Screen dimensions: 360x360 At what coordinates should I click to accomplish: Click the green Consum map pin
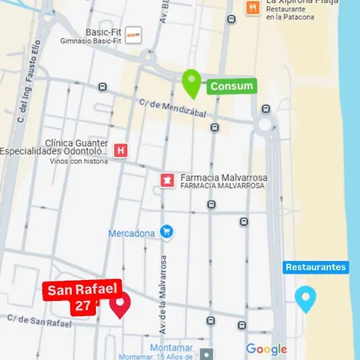[190, 82]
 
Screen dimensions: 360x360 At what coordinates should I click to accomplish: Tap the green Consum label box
[231, 86]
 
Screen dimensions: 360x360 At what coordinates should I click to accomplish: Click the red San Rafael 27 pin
[120, 304]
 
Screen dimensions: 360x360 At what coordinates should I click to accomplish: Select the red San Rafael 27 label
[73, 298]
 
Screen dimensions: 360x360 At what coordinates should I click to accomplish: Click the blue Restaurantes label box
[315, 266]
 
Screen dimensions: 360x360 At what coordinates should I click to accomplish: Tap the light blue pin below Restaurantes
[305, 298]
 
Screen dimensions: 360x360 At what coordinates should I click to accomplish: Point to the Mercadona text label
[132, 234]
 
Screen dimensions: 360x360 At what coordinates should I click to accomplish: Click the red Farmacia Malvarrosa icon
[167, 179]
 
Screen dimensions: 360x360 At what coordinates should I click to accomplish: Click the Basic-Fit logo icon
[134, 34]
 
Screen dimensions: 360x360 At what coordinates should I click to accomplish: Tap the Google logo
[266, 349]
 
